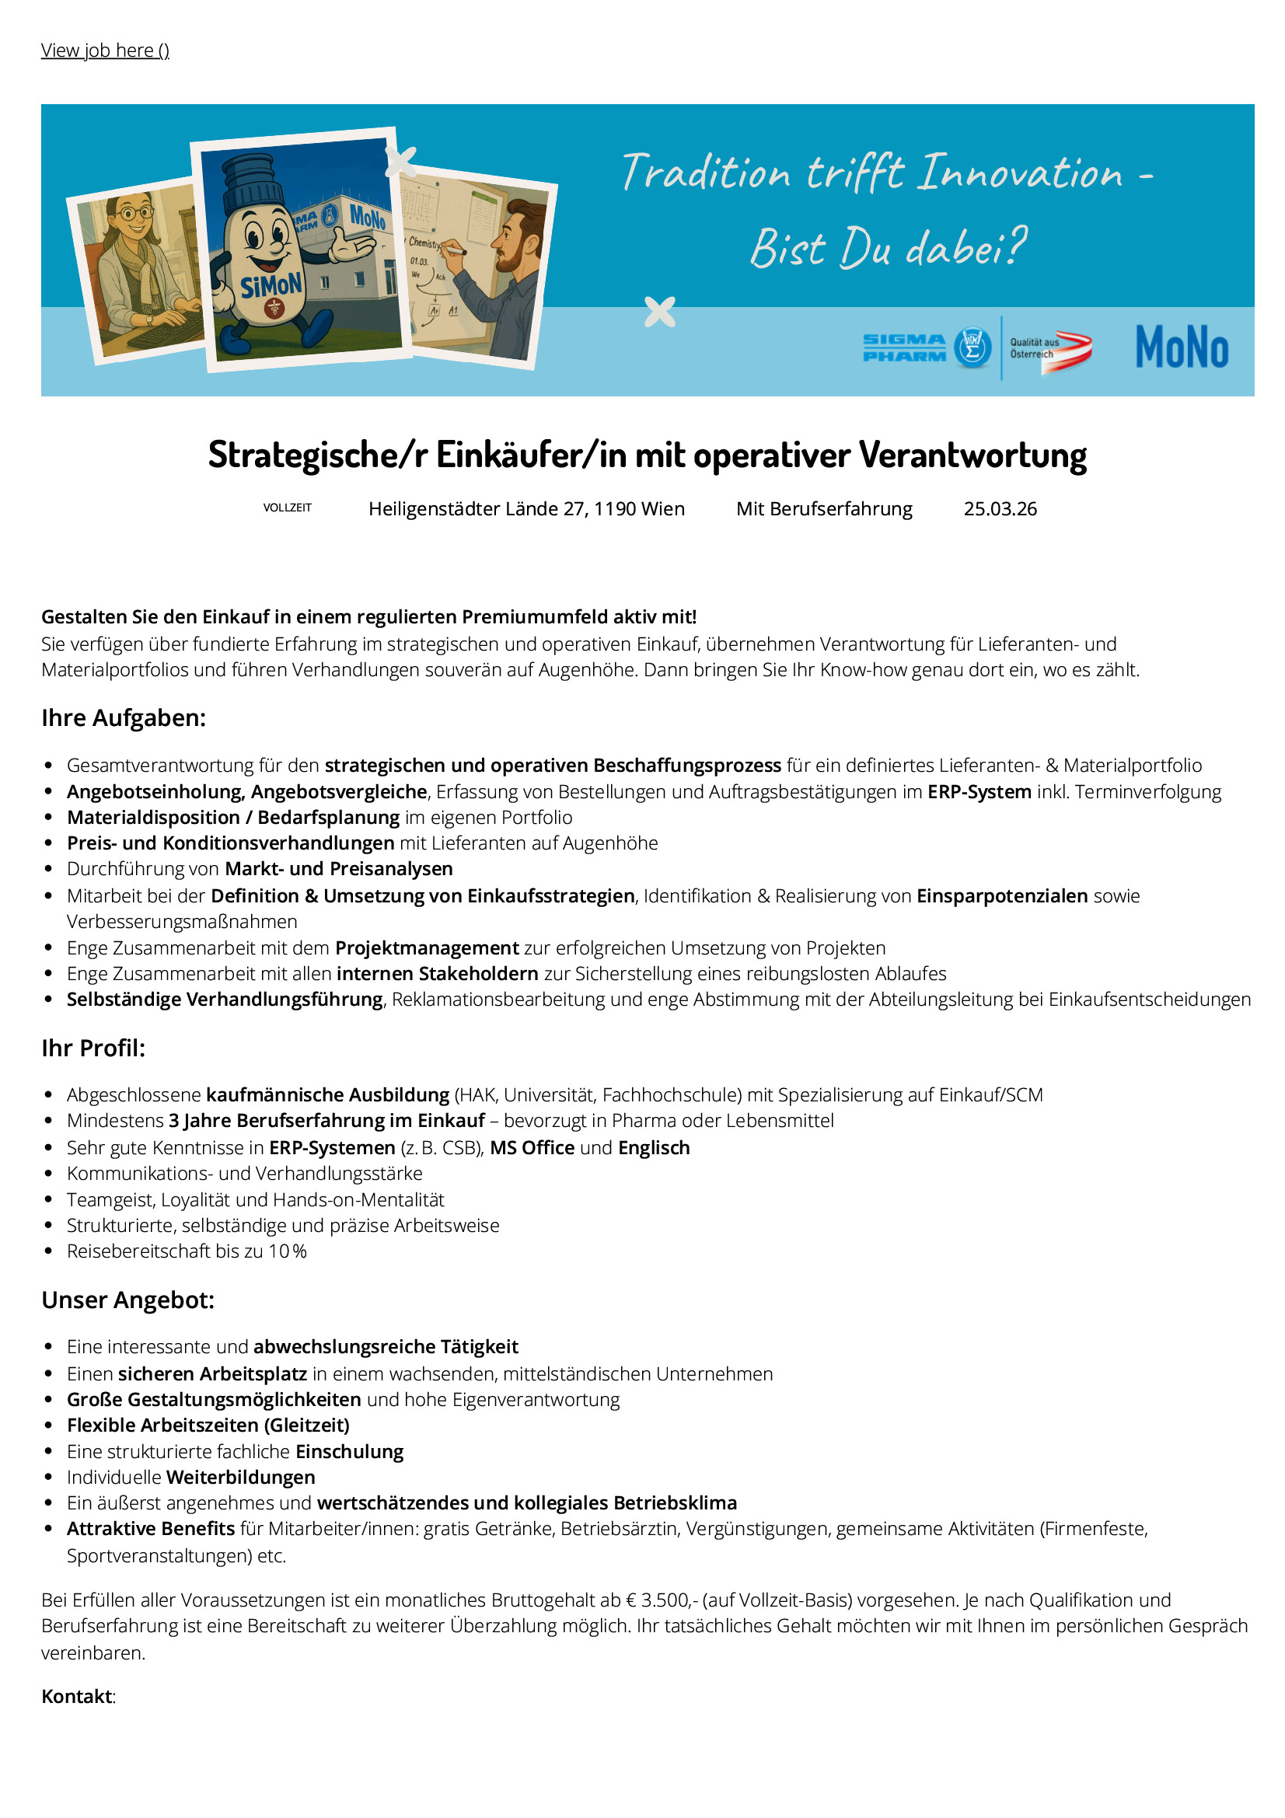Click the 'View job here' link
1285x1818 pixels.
pyautogui.click(x=104, y=51)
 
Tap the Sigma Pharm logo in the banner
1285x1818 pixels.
pyautogui.click(x=926, y=347)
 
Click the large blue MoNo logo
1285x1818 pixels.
pyautogui.click(x=1182, y=347)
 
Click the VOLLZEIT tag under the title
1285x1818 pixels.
pyautogui.click(x=288, y=508)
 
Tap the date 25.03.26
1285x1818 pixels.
pyautogui.click(x=999, y=509)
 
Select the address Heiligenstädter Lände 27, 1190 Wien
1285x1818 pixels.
pyautogui.click(x=526, y=509)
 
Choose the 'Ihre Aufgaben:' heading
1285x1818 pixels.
pyautogui.click(x=124, y=718)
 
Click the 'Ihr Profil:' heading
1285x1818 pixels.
pyautogui.click(x=93, y=1049)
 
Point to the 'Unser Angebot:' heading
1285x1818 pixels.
pyautogui.click(x=128, y=1300)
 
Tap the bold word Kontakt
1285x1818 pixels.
pyautogui.click(x=77, y=1696)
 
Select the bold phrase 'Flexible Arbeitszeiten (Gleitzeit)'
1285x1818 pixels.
pyautogui.click(x=208, y=1425)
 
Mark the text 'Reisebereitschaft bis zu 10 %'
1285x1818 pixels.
pyautogui.click(x=187, y=1251)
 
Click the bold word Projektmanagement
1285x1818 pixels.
pyautogui.click(x=427, y=947)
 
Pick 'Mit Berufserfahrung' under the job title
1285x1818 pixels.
pyautogui.click(x=823, y=509)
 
